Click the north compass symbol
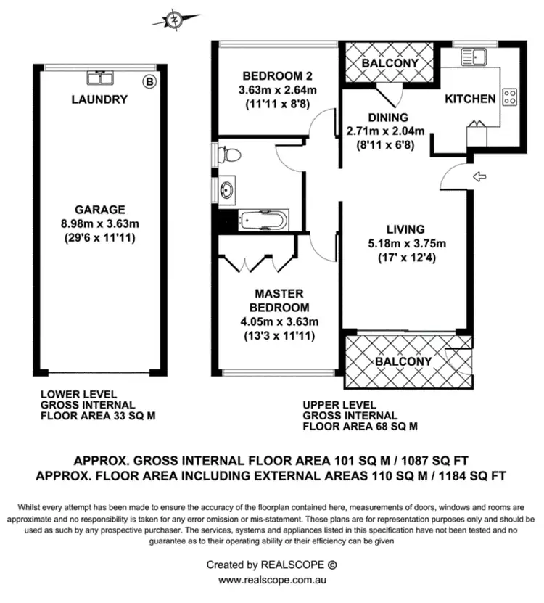point(175,20)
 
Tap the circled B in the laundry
point(149,81)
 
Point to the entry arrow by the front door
point(479,176)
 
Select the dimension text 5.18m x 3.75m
point(405,243)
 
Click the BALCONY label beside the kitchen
point(390,63)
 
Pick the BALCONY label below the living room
point(403,361)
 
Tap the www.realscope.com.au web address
point(271,580)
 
